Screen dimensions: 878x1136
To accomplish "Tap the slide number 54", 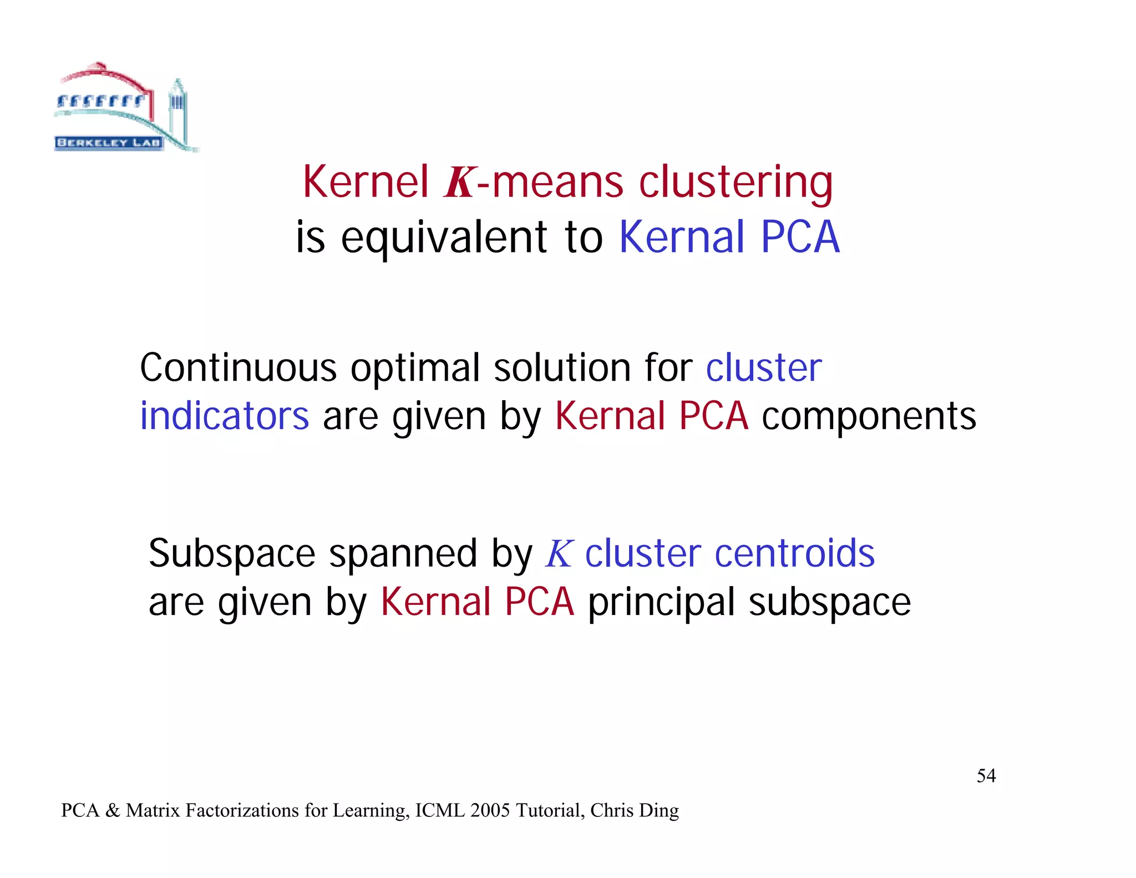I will [986, 775].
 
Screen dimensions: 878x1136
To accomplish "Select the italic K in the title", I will [459, 183].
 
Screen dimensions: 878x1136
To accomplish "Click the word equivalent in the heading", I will [444, 238].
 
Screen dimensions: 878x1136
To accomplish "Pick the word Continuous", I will [238, 368].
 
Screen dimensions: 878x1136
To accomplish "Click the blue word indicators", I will [224, 416].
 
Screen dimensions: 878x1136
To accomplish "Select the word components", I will [869, 416].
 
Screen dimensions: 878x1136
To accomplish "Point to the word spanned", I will [403, 554].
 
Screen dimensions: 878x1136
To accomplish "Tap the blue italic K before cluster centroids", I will [559, 554].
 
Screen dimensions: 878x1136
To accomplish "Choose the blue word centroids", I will [794, 554].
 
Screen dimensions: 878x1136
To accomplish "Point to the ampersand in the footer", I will [113, 811].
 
